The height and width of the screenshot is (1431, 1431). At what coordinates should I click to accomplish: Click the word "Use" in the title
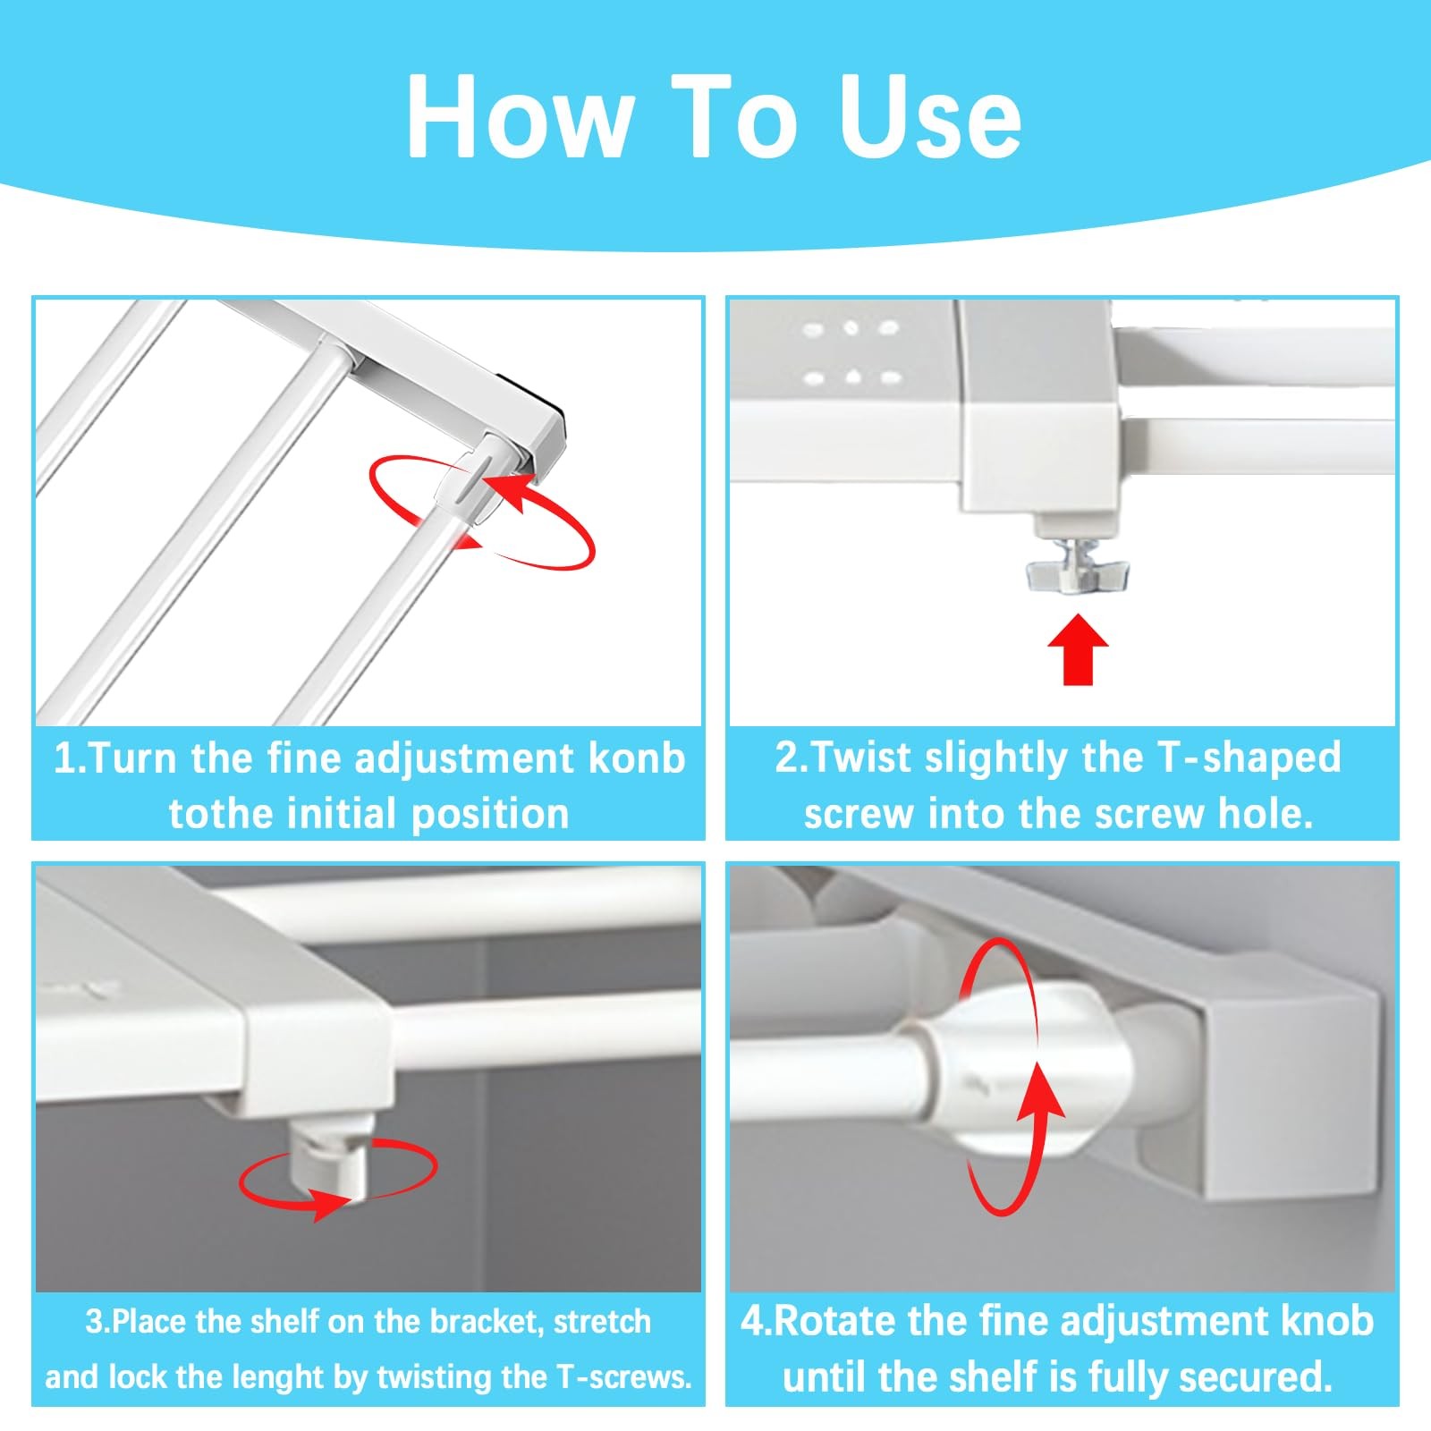tap(931, 115)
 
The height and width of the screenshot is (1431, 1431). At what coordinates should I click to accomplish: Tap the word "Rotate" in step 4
tap(829, 1322)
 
